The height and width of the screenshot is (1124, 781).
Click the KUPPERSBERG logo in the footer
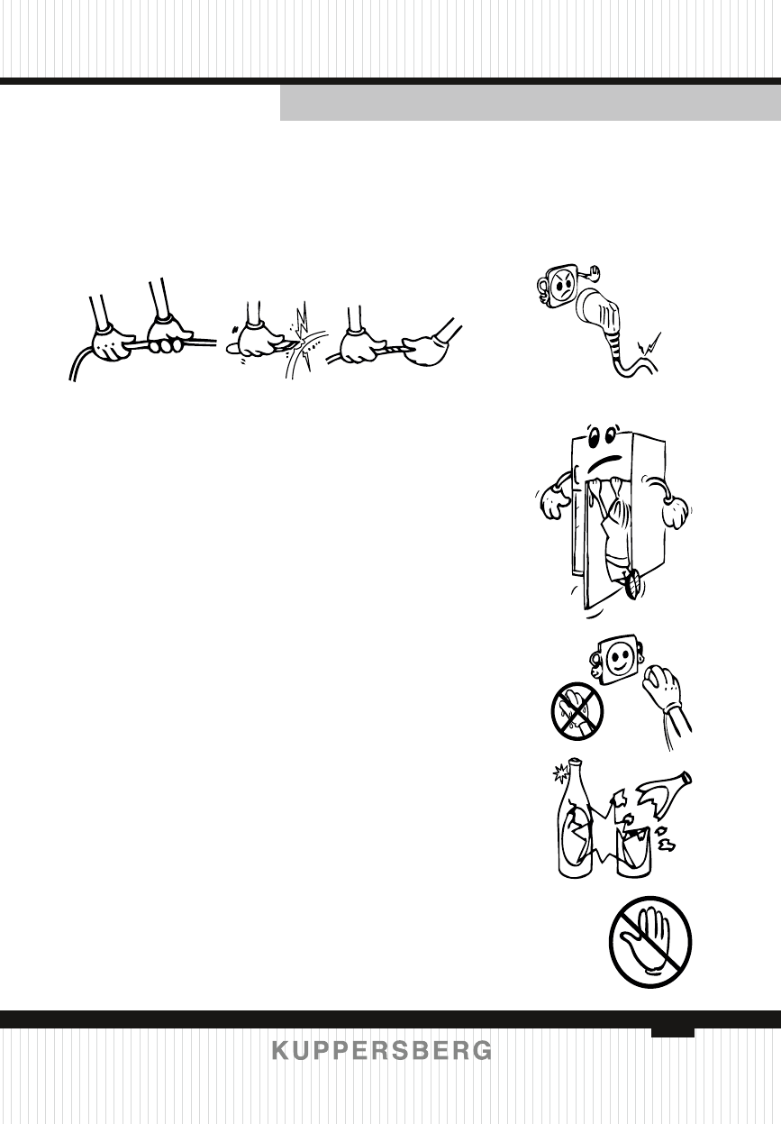382,1051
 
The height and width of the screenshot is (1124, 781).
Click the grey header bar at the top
530,104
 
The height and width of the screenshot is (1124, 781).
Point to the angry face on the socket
561,288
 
